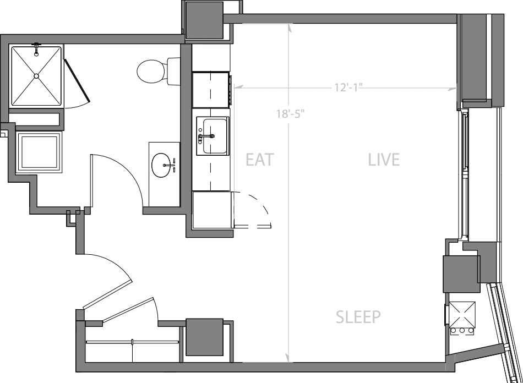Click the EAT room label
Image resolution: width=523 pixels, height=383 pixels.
coord(259,160)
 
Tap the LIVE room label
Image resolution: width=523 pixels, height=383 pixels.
coord(384,160)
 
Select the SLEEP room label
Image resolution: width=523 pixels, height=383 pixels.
coord(358,317)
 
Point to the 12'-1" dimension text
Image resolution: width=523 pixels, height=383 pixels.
coord(348,87)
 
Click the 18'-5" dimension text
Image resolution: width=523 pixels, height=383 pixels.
coord(290,114)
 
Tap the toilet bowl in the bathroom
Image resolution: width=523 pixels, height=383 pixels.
coord(151,72)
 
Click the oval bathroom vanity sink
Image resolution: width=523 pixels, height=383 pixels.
coord(161,165)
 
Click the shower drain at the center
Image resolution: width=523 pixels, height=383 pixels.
coord(36,76)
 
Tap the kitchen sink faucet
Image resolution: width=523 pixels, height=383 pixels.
coord(206,136)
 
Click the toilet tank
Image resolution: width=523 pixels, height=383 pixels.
coord(173,72)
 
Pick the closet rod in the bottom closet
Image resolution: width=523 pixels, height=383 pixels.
coord(133,342)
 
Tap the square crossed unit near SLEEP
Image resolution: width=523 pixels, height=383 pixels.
coord(462,315)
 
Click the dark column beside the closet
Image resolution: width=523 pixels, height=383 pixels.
coord(204,337)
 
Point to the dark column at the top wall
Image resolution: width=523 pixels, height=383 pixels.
coord(204,20)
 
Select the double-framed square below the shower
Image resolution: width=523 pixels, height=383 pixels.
coord(40,152)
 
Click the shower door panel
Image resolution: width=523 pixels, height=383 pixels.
coord(77,80)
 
